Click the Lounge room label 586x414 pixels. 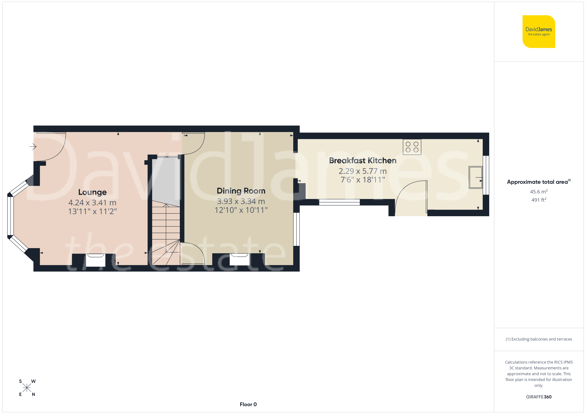click(92, 192)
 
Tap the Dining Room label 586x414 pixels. click(241, 191)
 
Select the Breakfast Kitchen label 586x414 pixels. click(363, 161)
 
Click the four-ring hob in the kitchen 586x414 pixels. click(412, 147)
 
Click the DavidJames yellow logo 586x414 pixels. click(539, 32)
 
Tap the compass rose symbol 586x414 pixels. click(27, 388)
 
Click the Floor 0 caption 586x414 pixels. click(248, 404)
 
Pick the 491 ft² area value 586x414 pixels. click(539, 200)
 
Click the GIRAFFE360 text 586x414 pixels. click(539, 397)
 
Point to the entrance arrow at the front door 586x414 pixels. click(33, 147)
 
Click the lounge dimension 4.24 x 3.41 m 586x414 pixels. click(92, 203)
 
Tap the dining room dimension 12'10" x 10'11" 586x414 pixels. click(241, 210)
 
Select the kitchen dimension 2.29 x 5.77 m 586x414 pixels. click(363, 171)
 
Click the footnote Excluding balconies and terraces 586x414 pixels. click(539, 339)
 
